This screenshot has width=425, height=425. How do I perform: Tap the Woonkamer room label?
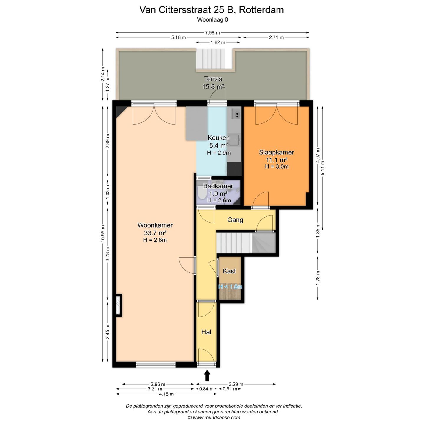(155, 225)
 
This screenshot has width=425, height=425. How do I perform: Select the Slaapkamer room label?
(276, 152)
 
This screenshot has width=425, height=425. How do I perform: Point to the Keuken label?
(219, 138)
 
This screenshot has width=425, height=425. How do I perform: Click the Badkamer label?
(218, 186)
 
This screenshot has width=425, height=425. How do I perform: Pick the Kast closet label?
(229, 271)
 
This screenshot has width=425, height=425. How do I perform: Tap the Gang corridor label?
(235, 220)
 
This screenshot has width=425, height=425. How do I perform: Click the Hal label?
(206, 332)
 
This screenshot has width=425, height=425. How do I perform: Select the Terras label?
(213, 79)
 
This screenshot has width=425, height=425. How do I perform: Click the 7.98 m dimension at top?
(212, 33)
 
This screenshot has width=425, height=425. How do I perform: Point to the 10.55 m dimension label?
(103, 233)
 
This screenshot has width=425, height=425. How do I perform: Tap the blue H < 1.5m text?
(230, 287)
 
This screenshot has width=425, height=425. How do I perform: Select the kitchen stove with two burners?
(236, 114)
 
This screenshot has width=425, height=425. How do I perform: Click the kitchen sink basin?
(234, 140)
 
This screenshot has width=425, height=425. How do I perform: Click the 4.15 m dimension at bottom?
(166, 394)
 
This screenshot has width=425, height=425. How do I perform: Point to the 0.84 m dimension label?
(206, 389)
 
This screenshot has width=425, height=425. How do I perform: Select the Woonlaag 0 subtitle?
(212, 20)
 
